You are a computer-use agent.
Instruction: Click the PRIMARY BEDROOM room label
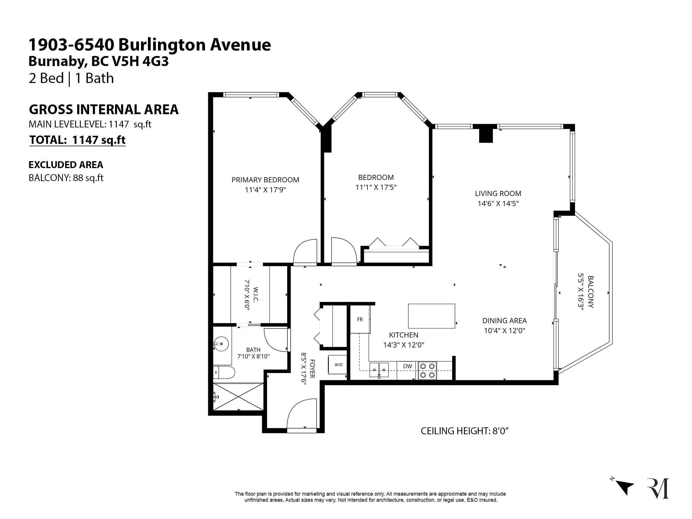tap(265, 180)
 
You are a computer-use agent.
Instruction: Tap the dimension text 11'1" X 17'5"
tap(376, 187)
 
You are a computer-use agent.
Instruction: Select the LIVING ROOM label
tap(498, 194)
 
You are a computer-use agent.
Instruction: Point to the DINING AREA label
tap(504, 321)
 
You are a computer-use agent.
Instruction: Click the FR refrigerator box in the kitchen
tap(360, 319)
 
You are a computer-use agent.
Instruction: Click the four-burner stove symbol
tap(428, 371)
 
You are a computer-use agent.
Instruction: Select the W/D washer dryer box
tap(338, 365)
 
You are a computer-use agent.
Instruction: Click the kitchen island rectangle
tap(431, 316)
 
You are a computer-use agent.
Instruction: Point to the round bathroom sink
tap(221, 344)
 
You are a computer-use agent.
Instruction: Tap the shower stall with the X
tap(238, 396)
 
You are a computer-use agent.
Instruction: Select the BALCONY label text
tap(591, 292)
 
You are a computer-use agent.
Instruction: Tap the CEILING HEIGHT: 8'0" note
tap(465, 431)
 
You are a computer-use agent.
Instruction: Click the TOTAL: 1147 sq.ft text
tap(77, 140)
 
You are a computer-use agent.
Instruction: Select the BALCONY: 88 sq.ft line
tap(66, 178)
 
